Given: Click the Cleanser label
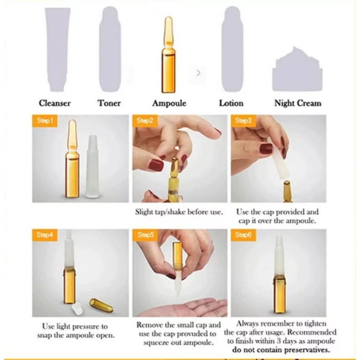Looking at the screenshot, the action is [x=55, y=103].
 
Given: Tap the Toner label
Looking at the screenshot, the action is [x=110, y=103].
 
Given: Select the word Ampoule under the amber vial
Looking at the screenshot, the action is [x=169, y=103].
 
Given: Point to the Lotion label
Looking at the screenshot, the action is [x=231, y=103].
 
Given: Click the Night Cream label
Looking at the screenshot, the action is [x=298, y=103].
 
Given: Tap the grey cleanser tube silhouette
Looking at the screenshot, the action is [x=57, y=49].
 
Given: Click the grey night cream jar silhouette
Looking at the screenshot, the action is [x=297, y=69].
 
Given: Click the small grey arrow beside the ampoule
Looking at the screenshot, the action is [x=198, y=73].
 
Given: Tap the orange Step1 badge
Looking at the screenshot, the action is [x=45, y=121].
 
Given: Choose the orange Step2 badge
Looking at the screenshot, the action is [x=145, y=121].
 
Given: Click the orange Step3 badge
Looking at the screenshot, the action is [x=243, y=121].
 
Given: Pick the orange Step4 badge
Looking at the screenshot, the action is [x=45, y=235].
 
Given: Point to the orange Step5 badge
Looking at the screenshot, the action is [x=145, y=235].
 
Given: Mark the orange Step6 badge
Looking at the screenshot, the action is [x=243, y=235].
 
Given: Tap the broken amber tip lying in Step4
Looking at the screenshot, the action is [x=98, y=305].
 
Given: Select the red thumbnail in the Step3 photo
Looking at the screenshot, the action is [x=266, y=149].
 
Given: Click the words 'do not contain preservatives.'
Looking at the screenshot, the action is [x=281, y=350].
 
